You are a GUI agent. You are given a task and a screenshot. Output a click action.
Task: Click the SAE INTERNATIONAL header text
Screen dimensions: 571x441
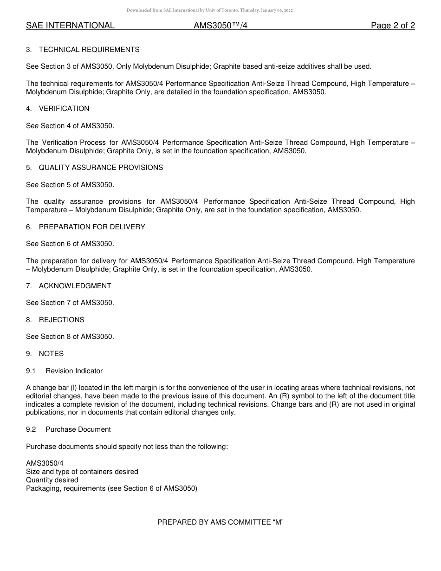point(70,26)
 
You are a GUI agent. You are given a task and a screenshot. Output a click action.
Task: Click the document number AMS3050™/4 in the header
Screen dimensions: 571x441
point(220,26)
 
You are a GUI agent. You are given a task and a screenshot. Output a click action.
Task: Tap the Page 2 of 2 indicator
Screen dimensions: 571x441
point(393,26)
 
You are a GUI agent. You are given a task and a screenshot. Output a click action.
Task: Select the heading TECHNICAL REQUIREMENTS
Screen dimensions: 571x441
point(89,50)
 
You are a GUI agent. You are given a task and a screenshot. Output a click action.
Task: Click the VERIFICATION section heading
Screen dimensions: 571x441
point(64,109)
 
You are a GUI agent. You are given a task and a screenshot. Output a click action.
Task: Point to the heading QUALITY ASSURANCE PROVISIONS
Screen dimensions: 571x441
point(101,168)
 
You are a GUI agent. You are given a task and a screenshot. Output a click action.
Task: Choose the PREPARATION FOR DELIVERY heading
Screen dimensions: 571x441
point(92,227)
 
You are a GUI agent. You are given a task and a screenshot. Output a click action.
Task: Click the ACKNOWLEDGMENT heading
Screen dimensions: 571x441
point(75,286)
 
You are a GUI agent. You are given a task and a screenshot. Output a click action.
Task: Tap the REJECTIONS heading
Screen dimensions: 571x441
point(62,320)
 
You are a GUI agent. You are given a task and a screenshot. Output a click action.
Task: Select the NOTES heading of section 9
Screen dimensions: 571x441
point(51,354)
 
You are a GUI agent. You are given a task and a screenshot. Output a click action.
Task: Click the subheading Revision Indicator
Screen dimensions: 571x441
point(74,371)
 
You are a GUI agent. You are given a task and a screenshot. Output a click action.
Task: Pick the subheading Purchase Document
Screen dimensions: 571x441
point(78,429)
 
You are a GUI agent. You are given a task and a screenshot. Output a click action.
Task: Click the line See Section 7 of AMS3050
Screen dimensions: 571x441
point(70,303)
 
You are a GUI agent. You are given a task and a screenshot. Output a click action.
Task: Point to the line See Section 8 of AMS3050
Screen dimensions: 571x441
point(70,337)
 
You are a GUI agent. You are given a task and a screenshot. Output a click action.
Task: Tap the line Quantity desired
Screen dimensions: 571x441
point(52,480)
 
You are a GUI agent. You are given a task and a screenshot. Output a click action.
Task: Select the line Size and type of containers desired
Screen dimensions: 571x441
point(82,472)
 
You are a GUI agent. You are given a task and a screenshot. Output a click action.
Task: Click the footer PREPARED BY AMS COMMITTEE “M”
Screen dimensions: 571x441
point(220,522)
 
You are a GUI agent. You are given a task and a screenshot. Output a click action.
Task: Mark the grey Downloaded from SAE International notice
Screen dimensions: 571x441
point(209,10)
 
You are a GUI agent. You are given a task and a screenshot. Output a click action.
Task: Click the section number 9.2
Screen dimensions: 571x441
point(31,429)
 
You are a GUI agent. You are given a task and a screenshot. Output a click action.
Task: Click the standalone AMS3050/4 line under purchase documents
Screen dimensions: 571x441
point(45,463)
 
